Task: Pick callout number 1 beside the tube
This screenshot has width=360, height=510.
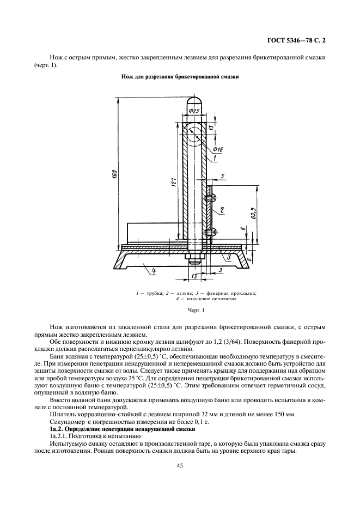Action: click(216, 159)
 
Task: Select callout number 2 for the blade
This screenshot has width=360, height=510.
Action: click(223, 209)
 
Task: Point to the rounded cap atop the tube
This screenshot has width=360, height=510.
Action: click(194, 101)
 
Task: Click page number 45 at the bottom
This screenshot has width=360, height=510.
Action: click(180, 465)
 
